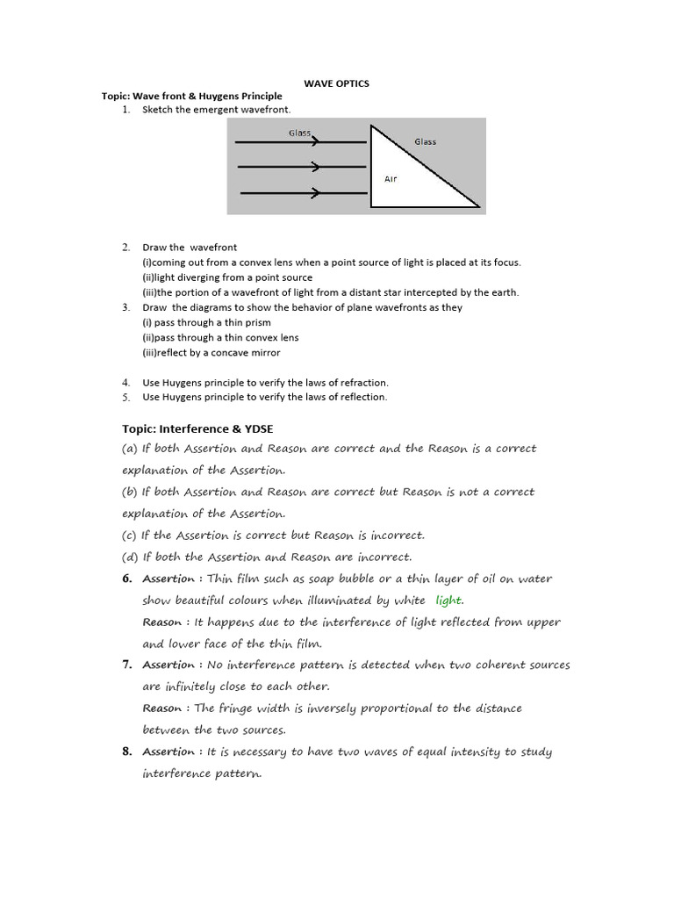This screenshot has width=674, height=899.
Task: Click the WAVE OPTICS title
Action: point(336,83)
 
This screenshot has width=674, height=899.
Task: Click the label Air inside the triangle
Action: point(391,179)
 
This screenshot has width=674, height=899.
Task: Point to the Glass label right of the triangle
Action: point(425,141)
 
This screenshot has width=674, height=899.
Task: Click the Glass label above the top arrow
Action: point(300,133)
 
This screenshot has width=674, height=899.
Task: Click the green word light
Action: point(448,601)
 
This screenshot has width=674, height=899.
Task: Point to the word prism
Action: point(256,323)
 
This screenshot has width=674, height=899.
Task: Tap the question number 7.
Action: point(126,665)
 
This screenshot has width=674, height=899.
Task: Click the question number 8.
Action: point(126,752)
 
